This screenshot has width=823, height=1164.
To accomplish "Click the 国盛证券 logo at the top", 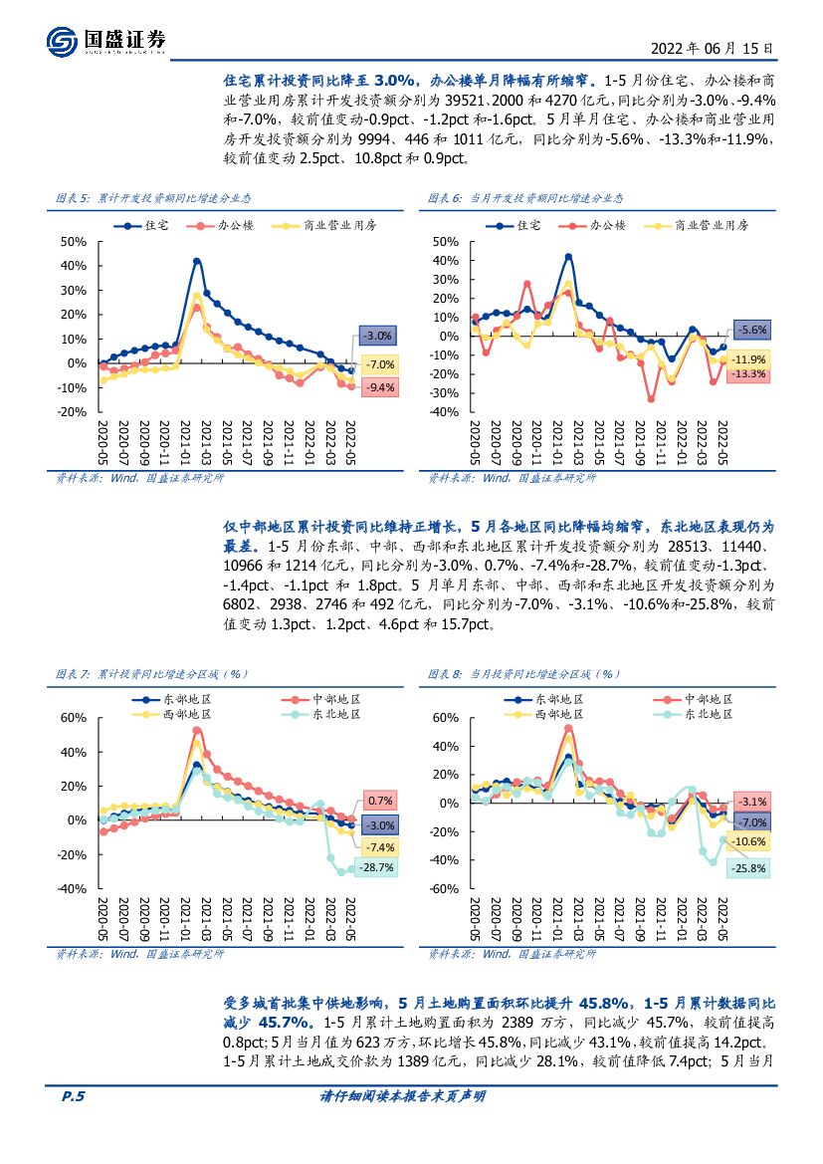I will pos(106,41).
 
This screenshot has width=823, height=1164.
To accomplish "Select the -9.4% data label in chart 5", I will pos(378,387).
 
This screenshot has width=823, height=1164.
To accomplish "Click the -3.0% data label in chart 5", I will pos(378,336).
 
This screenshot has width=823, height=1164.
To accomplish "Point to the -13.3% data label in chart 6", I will pos(748,373).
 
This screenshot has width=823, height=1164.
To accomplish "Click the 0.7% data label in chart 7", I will pos(380,801).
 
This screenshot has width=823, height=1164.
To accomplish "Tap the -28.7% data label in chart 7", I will pos(378,867).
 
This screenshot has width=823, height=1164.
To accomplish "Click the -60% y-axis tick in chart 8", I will pos(444,889).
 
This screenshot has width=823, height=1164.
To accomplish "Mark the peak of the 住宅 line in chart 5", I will pos(197,261).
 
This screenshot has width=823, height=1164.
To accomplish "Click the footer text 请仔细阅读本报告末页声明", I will pos(410,1125).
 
